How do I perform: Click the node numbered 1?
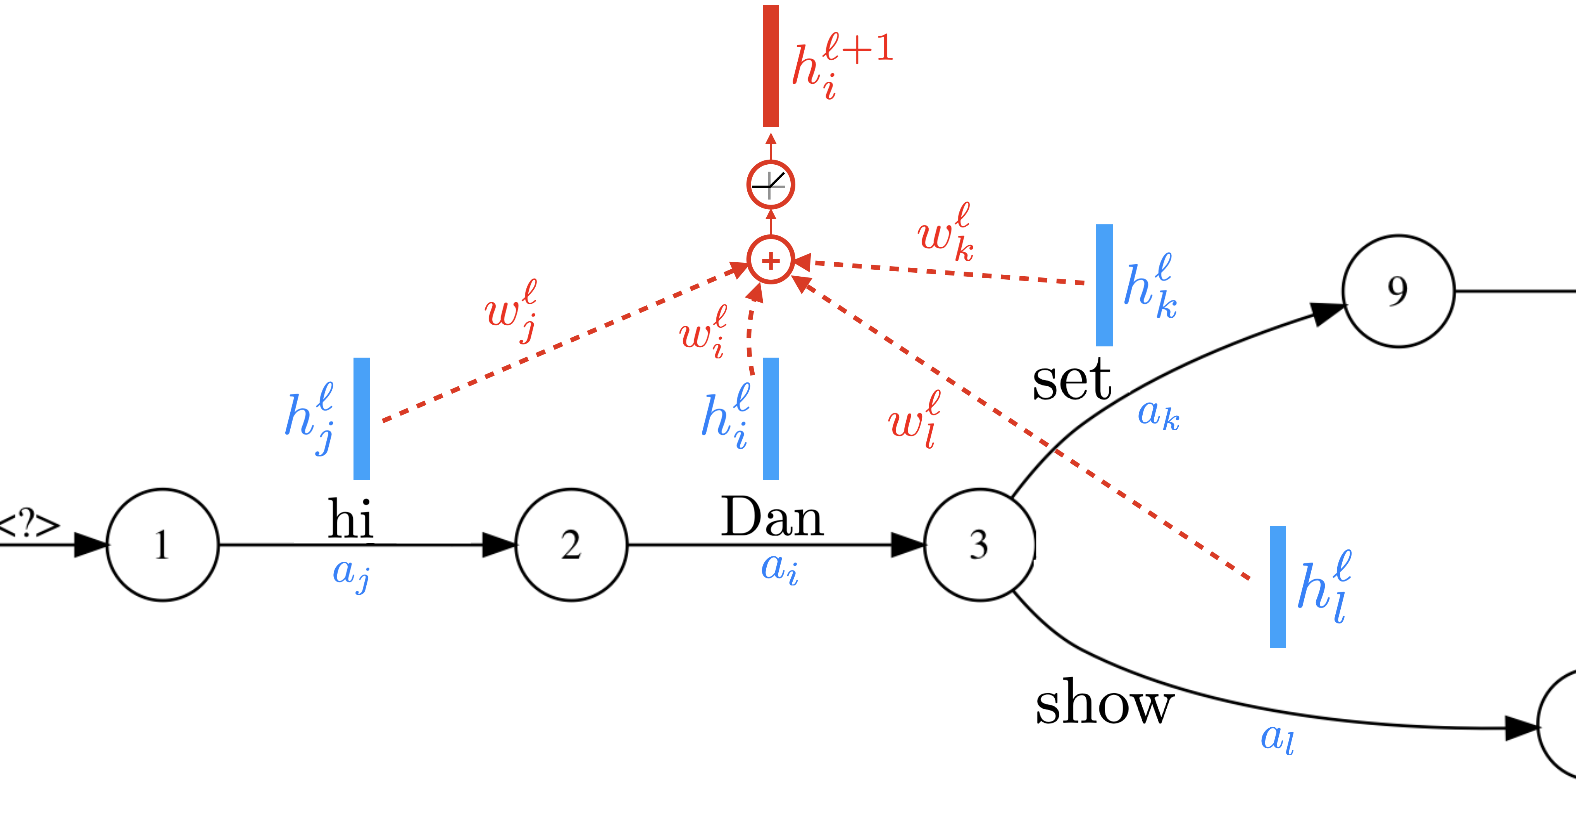pos(163,544)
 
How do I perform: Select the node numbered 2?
pos(571,544)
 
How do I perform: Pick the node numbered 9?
pos(1398,291)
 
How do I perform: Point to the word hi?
pos(350,519)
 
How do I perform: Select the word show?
pos(1104,704)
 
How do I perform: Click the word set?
pos(1071,380)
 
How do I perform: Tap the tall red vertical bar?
pos(771,66)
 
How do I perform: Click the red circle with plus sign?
pos(771,261)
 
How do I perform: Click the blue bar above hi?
pos(362,418)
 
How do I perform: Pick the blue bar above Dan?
pos(771,418)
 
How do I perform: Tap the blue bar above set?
pos(1104,285)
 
